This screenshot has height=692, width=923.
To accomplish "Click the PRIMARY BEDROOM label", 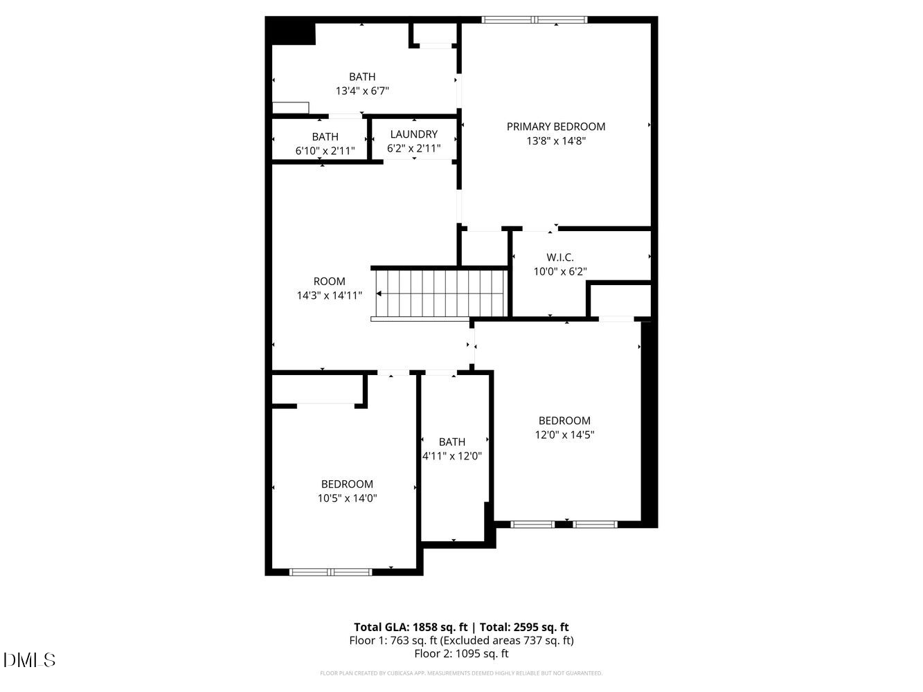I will tap(556, 127).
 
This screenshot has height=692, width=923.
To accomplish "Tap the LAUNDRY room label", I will tap(413, 134).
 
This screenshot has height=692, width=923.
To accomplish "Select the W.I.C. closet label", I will tap(560, 257).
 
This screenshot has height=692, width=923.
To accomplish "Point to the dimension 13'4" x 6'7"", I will tap(362, 91).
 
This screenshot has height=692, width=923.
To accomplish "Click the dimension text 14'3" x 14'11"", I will tap(330, 295).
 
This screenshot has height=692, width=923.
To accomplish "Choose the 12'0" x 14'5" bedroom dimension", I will tap(564, 435).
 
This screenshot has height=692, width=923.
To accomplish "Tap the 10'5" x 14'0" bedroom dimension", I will tap(347, 498).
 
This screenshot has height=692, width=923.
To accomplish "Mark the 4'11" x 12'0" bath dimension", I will tap(452, 456).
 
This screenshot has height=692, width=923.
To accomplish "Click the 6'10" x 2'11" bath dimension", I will tap(325, 150).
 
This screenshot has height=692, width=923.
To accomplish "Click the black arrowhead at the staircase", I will tap(379, 293).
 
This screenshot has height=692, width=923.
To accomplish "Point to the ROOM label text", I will tap(330, 281).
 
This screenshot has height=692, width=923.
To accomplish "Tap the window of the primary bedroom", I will tap(535, 19).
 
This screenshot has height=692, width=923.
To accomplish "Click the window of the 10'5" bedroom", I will tap(330, 572).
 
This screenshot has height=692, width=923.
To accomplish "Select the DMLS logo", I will tap(29, 659).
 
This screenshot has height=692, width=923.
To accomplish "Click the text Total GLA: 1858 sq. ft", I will tap(411, 628).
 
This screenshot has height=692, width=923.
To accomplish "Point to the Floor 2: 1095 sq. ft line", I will tap(461, 653).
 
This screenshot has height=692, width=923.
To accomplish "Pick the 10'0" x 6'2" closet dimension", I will tap(560, 272).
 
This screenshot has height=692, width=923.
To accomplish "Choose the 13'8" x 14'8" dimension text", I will tap(556, 141).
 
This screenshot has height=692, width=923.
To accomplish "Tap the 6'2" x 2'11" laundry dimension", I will tap(413, 148).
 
